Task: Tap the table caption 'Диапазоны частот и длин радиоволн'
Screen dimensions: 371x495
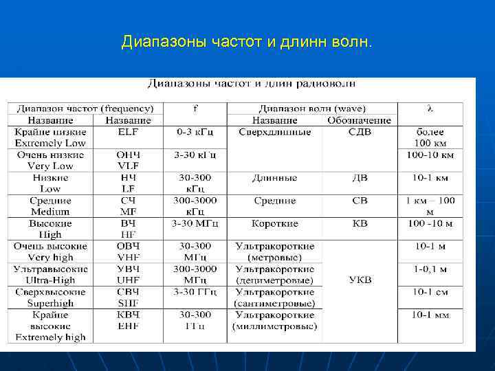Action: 252,85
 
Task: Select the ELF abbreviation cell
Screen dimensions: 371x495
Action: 129,132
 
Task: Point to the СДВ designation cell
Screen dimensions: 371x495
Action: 360,132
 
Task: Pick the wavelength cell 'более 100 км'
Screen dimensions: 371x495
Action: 430,137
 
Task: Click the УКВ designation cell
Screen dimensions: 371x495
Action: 360,280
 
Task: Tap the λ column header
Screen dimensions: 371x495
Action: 430,109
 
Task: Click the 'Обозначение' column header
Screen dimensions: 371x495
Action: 360,120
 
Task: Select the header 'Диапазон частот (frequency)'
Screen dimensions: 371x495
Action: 85,109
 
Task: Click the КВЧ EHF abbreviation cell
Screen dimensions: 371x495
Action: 129,320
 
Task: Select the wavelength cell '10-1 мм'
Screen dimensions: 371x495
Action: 430,315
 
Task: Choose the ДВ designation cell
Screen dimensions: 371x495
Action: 360,178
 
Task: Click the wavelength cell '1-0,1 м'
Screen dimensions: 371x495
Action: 430,269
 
